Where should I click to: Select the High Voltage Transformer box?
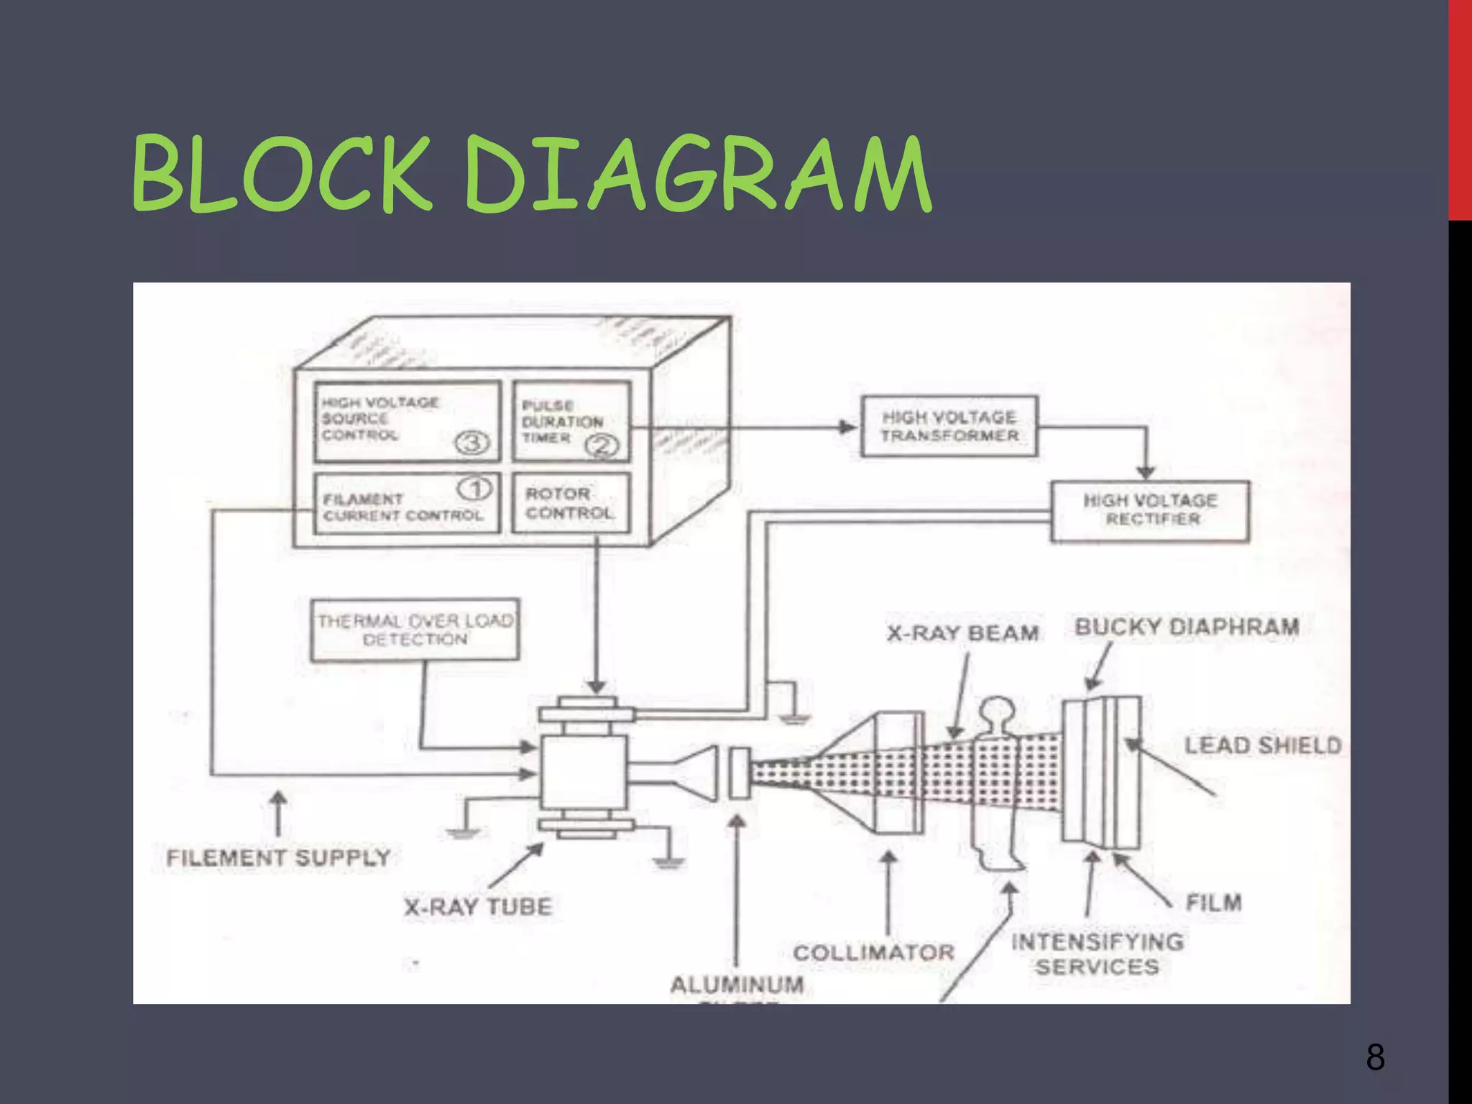coord(949,426)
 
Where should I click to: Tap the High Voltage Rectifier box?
coord(1150,510)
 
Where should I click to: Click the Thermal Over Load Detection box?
coord(415,630)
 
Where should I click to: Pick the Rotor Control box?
coord(571,503)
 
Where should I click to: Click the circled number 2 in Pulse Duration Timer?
coord(601,446)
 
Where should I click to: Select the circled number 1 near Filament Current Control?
coord(475,489)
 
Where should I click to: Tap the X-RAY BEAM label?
coord(962,633)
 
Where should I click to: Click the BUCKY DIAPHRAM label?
coord(1187,627)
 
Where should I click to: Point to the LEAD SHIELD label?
coord(1263,745)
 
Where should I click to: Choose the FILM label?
coord(1213,902)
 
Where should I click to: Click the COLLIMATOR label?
coord(873,952)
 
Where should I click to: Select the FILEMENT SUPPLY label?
coord(278,857)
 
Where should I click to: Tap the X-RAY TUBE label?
coord(478,906)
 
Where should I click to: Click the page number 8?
coord(1375,1057)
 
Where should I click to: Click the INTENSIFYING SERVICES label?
coord(1097,954)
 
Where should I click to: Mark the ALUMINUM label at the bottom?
coord(737,984)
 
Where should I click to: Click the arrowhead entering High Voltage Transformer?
coord(848,427)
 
